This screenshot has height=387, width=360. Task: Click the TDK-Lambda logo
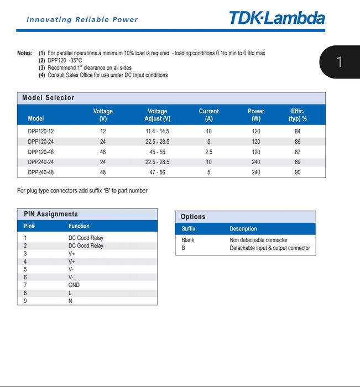pos(277,18)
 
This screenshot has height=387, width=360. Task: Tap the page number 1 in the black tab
pos(340,61)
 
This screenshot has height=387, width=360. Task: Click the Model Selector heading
pos(48,98)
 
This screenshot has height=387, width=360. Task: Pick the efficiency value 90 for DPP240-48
pos(298,172)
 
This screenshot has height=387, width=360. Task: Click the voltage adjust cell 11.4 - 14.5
pos(157,132)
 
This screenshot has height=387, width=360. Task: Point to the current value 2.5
pos(208,152)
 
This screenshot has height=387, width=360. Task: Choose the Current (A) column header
pos(208,114)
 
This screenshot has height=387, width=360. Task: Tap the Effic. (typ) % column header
pos(298,114)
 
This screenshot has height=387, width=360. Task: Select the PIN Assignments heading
pos(51,214)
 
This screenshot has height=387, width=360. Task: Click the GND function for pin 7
pos(74,285)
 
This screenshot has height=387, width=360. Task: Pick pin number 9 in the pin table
pos(25,301)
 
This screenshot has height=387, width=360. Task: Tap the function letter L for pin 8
pos(70,293)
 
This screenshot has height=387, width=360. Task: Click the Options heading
pos(193,217)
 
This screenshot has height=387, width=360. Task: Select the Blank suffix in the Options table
pos(188,240)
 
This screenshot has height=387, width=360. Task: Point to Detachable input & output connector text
pos(270,248)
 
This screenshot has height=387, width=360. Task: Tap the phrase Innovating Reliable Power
pos(82,19)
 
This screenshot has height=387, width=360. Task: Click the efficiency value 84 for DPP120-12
pos(298,132)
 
